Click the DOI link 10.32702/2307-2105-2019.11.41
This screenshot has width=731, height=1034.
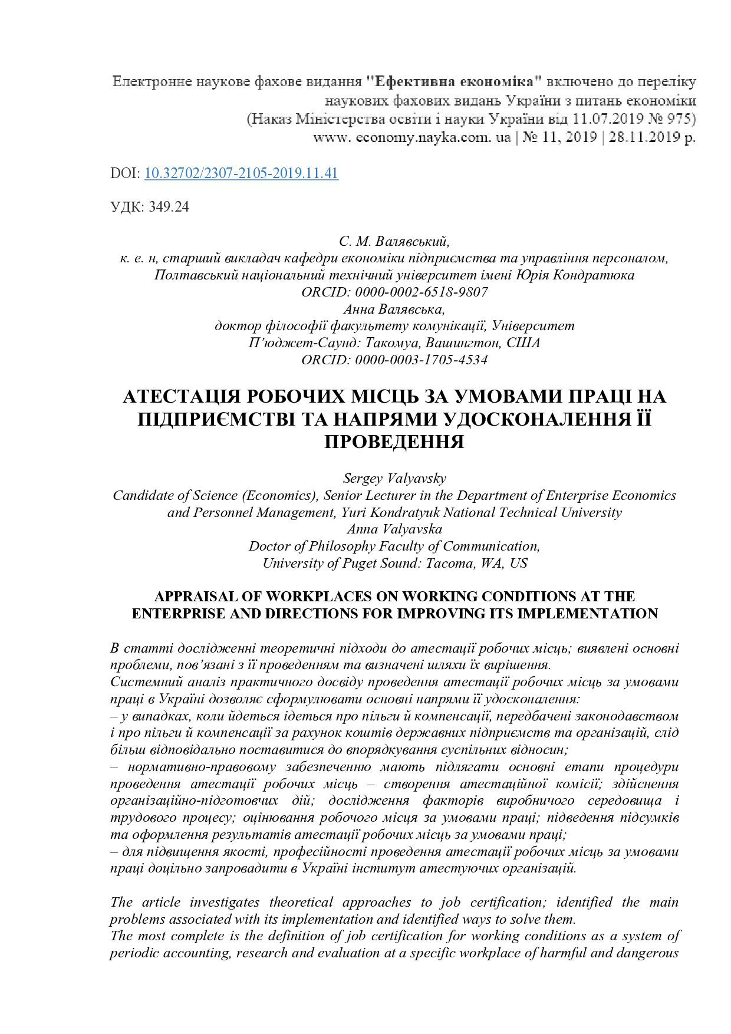[x=241, y=173]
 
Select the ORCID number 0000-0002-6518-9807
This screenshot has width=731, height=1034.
[x=421, y=292]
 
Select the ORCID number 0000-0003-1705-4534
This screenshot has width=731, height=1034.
[x=421, y=360]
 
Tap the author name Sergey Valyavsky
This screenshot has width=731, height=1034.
[x=394, y=478]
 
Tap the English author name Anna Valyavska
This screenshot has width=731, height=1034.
[x=394, y=529]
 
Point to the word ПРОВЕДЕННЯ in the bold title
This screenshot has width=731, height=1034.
[x=394, y=442]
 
